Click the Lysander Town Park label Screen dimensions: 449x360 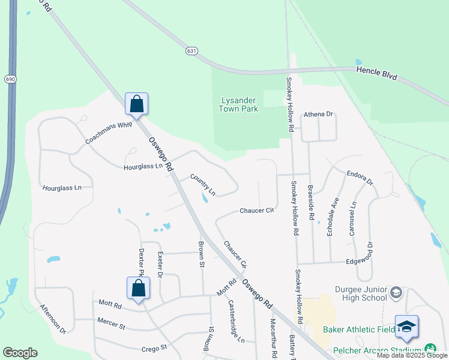click(x=238, y=104)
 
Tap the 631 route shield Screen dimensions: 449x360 click(x=191, y=51)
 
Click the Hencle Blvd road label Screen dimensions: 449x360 click(x=377, y=70)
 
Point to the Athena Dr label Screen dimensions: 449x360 click(x=318, y=114)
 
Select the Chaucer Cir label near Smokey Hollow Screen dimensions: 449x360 click(x=256, y=211)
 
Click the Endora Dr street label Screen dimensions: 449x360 click(x=360, y=178)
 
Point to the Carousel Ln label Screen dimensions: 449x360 click(x=353, y=218)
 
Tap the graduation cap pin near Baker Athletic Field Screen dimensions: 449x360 click(x=406, y=326)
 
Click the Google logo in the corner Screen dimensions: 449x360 click(x=20, y=353)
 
